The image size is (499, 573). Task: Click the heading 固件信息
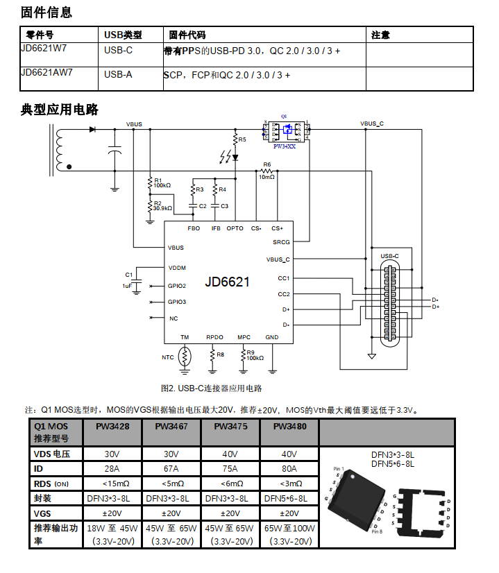[46, 12]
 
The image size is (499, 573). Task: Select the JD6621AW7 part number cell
[47, 72]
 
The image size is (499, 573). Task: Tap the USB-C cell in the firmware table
[118, 50]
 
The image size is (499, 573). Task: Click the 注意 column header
[380, 35]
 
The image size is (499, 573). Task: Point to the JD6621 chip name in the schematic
[227, 282]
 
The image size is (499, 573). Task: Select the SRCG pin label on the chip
[281, 242]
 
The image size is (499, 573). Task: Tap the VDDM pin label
[177, 268]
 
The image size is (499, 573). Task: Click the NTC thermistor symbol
[185, 357]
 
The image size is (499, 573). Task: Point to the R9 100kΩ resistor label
[254, 355]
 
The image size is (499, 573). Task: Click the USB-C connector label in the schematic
[389, 256]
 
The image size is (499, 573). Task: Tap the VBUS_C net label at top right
[372, 123]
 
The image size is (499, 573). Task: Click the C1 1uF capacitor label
[128, 279]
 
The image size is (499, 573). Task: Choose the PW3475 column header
[230, 427]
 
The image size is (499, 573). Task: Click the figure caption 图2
[211, 388]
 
